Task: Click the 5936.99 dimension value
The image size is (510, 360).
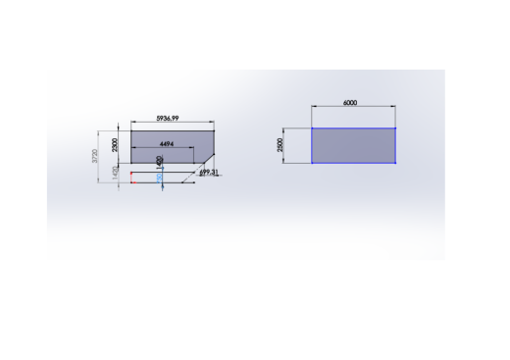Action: [x=168, y=118]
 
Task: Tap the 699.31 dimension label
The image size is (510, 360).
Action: [x=208, y=173]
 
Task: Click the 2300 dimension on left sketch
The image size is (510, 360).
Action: [x=115, y=144]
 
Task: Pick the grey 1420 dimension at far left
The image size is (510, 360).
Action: [x=115, y=173]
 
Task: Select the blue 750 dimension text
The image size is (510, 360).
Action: [x=160, y=179]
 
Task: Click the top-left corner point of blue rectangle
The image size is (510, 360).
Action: [x=312, y=129]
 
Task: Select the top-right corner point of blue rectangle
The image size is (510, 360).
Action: [x=395, y=129]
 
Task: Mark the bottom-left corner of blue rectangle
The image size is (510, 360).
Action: [x=312, y=162]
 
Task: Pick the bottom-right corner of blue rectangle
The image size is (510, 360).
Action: [x=395, y=162]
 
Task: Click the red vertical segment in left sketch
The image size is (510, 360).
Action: [x=130, y=178]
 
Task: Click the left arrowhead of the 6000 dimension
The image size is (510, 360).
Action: [x=314, y=107]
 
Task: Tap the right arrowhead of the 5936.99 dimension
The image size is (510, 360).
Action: [x=213, y=123]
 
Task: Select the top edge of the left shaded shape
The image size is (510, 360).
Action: [x=172, y=130]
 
